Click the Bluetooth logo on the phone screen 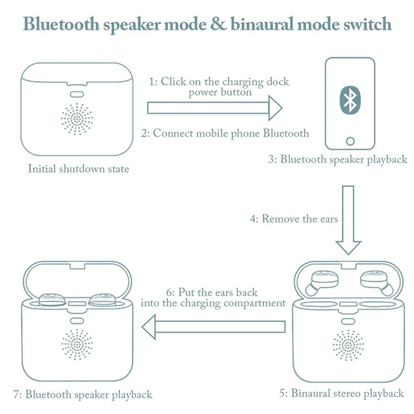click(350, 100)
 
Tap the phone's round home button click(350, 141)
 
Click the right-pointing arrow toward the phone click(214, 108)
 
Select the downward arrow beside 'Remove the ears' click(348, 220)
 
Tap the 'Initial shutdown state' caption click(78, 169)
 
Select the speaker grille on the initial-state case click(77, 119)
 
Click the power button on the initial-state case click(77, 94)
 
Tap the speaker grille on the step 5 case click(348, 345)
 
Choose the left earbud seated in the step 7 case click(52, 300)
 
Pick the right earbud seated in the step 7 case click(102, 300)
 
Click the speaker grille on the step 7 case click(77, 344)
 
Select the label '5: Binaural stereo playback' click(342, 393)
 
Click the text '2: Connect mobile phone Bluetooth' click(225, 133)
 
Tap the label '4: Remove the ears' click(294, 219)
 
